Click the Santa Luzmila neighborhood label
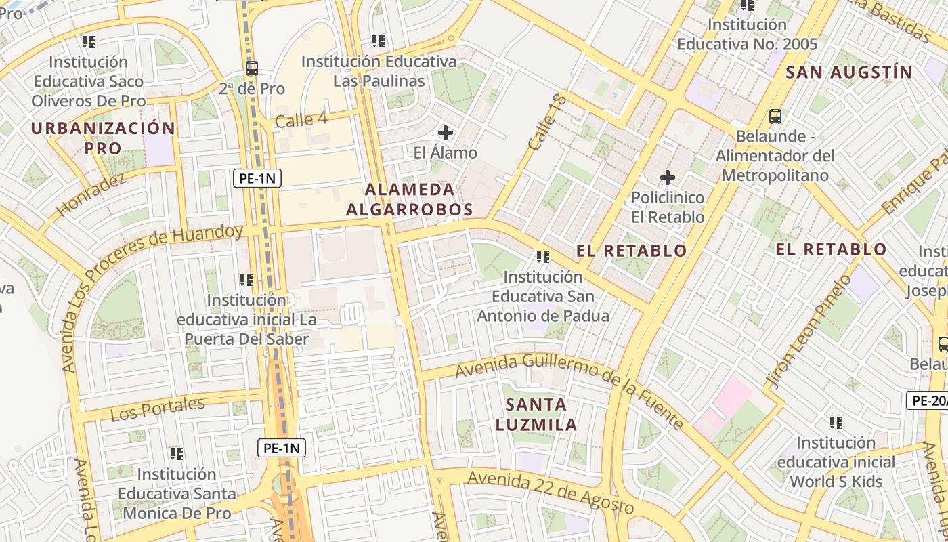536,415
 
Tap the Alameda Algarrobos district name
409,199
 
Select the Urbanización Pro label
103,138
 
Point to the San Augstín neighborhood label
849,72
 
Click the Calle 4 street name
301,120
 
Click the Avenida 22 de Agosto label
550,491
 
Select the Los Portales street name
157,409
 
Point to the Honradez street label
91,195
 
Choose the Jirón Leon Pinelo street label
808,333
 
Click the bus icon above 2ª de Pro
252,68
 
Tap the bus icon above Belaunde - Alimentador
775,117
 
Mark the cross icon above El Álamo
446,132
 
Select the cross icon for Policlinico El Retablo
668,178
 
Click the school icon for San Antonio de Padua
542,257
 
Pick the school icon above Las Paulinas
379,41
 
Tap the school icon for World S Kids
836,423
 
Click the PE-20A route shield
928,400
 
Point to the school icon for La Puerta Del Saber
246,279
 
